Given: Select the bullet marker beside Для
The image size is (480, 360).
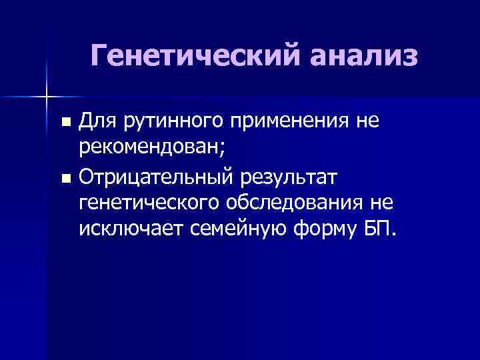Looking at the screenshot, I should pyautogui.click(x=65, y=123).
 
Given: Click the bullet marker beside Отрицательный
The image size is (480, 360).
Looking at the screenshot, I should pyautogui.click(x=65, y=178).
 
